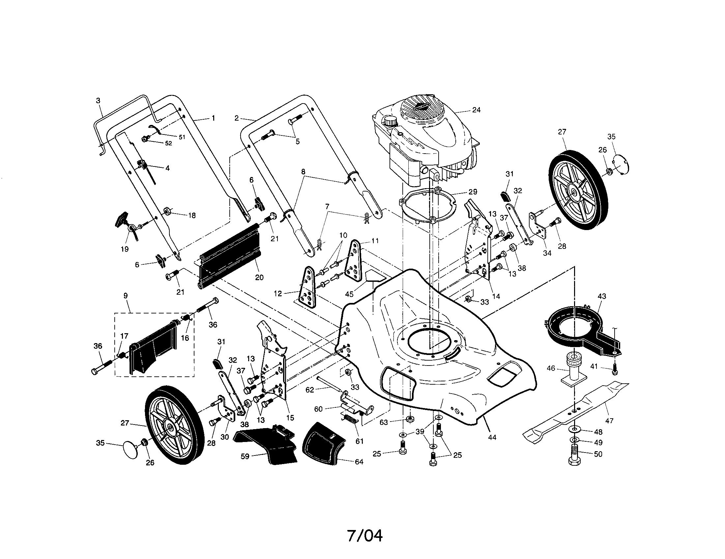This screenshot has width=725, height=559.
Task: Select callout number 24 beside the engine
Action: coord(476,110)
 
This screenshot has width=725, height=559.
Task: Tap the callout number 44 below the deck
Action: coord(492,437)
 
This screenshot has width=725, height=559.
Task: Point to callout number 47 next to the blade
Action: coord(609,421)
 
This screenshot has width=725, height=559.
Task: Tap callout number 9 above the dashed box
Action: coord(126,296)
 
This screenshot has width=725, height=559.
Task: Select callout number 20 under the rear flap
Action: coord(259,277)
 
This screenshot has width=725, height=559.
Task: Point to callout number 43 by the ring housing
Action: coord(601,296)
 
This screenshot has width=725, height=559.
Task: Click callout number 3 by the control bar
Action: coord(98,100)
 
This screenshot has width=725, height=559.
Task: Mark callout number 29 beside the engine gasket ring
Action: coord(473,191)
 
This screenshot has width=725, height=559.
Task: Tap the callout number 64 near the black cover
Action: coord(359,462)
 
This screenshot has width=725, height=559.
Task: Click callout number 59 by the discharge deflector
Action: coord(245,456)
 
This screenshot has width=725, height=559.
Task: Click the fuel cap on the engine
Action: coord(389,121)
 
